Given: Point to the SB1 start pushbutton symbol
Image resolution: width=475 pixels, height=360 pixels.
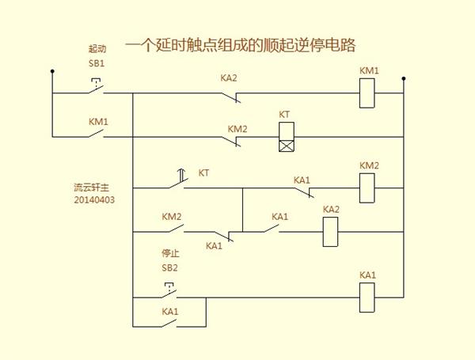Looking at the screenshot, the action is [97, 86].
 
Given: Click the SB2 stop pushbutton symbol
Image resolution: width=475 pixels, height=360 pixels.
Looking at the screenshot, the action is [169, 290].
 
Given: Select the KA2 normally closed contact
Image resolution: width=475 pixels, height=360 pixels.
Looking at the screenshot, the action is [231, 97].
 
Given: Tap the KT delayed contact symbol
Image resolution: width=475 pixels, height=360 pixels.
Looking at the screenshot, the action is [179, 180].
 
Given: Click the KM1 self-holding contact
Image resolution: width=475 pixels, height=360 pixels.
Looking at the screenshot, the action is [97, 134].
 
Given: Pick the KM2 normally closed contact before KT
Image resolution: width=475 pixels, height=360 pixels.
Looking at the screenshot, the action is [231, 141].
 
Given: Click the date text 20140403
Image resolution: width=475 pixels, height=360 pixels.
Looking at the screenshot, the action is [94, 200].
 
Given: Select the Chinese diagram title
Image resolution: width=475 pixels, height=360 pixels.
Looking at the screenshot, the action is [240, 45].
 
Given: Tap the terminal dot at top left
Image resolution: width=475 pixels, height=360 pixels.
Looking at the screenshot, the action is [52, 71].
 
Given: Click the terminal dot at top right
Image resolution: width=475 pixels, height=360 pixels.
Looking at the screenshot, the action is [404, 78].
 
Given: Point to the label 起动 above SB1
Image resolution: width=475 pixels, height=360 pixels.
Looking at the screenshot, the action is [97, 48].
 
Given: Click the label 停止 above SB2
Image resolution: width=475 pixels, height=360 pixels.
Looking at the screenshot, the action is [170, 253].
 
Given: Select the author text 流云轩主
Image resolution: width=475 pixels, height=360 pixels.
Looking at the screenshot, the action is [92, 188].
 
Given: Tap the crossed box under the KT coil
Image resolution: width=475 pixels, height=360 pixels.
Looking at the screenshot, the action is [287, 146].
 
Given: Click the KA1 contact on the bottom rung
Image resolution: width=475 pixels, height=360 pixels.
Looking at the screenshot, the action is [169, 324].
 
